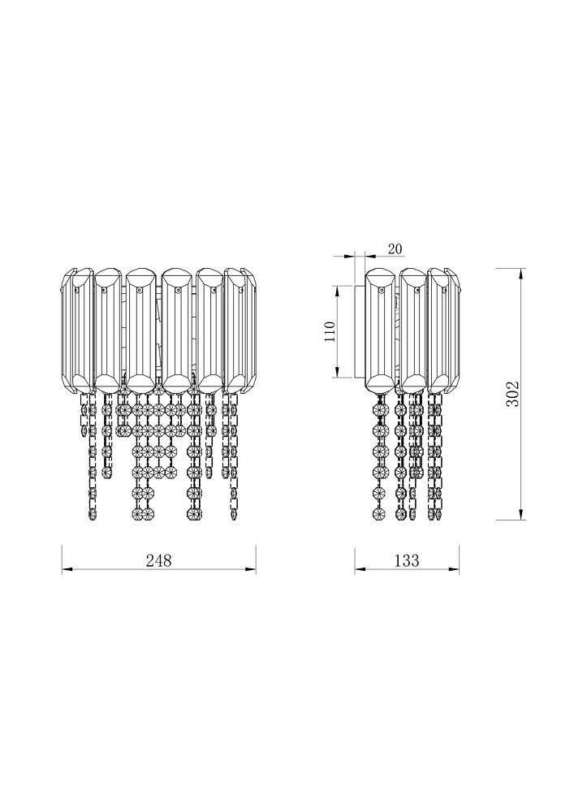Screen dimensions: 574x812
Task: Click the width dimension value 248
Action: pos(158,561)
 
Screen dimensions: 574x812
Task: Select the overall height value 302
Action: pos(511,394)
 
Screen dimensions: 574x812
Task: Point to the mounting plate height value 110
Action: pos(330,331)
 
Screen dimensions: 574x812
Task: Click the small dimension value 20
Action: pos(395,249)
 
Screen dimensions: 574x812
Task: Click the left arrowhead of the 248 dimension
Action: pos(67,570)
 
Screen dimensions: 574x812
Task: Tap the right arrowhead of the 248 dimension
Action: pos(252,570)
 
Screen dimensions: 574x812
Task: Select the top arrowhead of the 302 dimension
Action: pos(519,272)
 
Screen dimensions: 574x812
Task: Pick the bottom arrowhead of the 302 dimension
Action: pos(519,515)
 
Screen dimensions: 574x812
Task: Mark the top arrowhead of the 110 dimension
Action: pos(336,290)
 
